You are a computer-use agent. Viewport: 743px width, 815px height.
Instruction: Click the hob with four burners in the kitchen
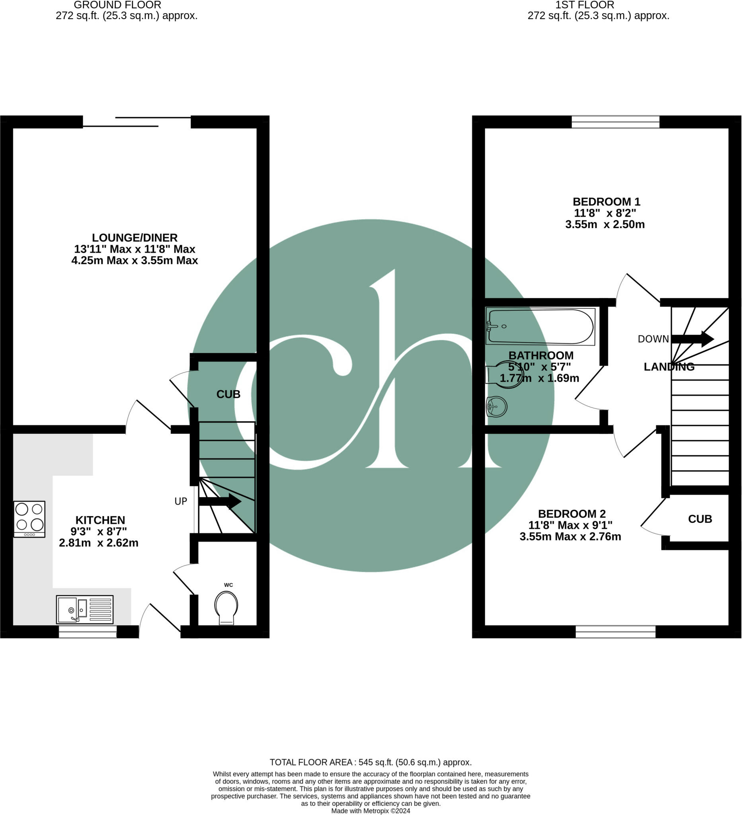29,519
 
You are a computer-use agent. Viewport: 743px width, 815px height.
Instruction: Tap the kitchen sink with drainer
84,610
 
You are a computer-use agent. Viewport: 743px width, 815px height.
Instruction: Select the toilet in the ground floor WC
226,608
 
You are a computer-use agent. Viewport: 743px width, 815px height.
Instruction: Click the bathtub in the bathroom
540,326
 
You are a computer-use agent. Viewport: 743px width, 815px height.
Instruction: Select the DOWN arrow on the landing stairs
692,339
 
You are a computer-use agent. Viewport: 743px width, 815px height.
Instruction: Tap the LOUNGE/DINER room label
135,238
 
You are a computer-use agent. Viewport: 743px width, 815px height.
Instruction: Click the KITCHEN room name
100,520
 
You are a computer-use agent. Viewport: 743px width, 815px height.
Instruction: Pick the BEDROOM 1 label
606,202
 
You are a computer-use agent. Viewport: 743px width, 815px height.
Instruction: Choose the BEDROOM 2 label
571,514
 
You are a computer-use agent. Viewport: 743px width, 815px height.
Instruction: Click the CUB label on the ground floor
228,394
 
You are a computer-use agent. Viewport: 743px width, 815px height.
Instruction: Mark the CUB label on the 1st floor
700,519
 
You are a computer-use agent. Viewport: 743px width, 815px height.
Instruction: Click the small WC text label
228,585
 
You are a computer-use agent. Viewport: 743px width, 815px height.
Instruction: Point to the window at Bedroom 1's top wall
615,122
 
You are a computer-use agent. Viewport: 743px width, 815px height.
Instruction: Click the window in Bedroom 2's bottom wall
615,632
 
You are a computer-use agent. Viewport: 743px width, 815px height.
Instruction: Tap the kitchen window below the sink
88,632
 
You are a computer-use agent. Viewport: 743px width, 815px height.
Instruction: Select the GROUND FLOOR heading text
117,5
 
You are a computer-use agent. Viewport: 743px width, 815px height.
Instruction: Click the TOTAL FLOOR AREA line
371,762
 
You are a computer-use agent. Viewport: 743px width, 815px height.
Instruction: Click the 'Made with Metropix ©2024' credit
371,811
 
